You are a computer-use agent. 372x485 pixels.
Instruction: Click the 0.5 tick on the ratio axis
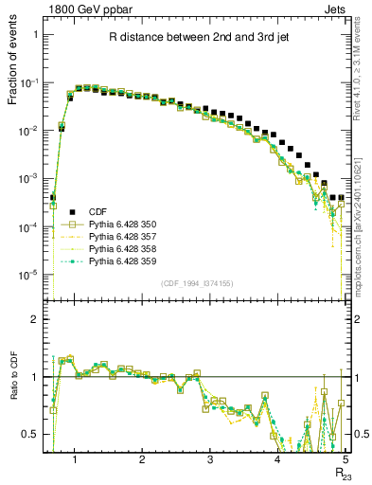click(31, 434)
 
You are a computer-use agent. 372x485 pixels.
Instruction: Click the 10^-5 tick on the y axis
click(28, 276)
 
